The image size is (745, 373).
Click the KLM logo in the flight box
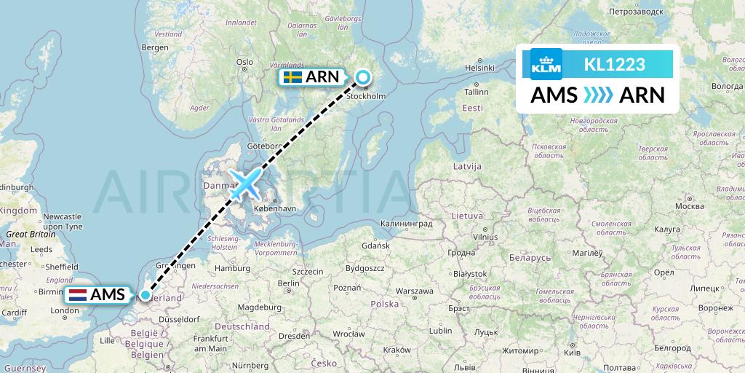[546, 64]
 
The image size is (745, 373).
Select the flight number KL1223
[615, 65]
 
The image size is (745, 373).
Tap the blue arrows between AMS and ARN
[598, 95]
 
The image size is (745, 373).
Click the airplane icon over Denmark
[245, 184]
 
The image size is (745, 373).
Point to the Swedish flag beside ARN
[293, 76]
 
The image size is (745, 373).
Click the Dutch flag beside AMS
[78, 295]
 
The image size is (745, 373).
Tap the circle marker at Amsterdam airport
[146, 295]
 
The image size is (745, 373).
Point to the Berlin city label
[288, 283]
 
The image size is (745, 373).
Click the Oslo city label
[244, 62]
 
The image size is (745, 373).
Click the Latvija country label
[467, 166]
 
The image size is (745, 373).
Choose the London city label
[65, 310]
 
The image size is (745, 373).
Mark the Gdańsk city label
[377, 246]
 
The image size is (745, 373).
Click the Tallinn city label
[477, 92]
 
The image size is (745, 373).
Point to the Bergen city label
[156, 47]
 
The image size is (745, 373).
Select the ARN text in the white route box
[641, 95]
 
